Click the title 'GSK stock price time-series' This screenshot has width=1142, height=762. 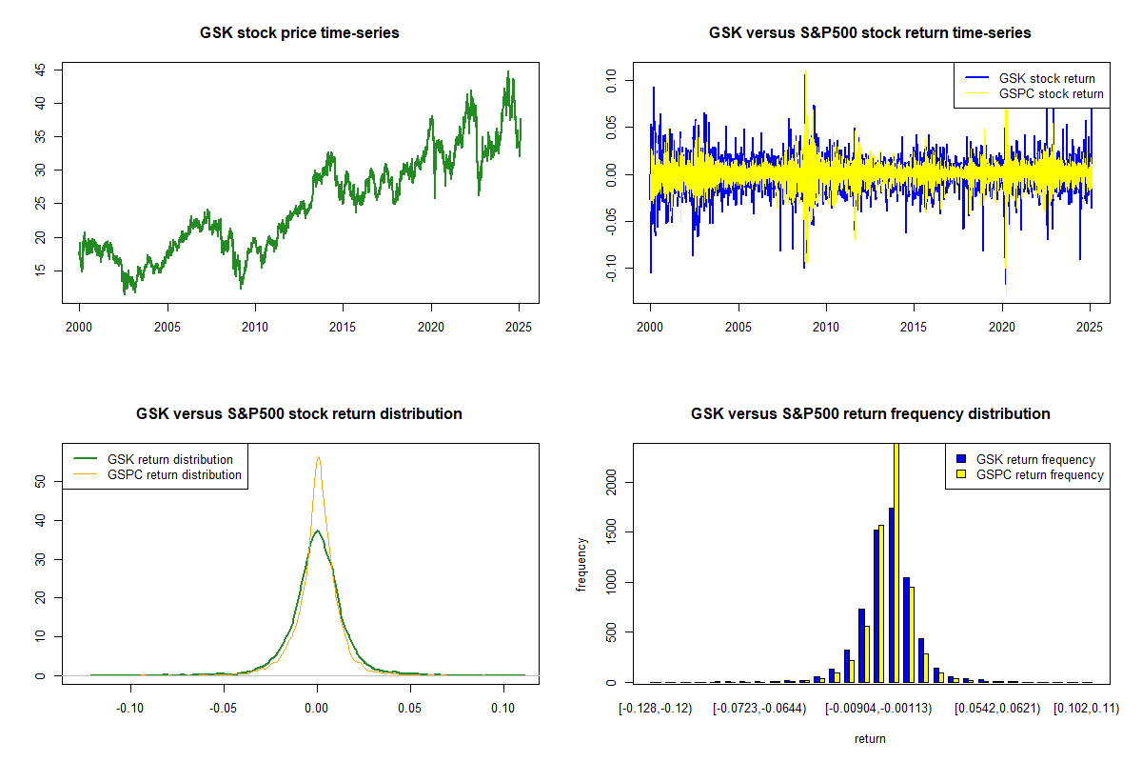pos(299,33)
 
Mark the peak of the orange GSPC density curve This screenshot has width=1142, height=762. pos(318,457)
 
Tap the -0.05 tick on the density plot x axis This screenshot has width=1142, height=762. pos(224,708)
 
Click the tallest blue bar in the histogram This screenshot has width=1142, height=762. pos(891,594)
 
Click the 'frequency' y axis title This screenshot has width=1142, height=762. pos(581,564)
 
